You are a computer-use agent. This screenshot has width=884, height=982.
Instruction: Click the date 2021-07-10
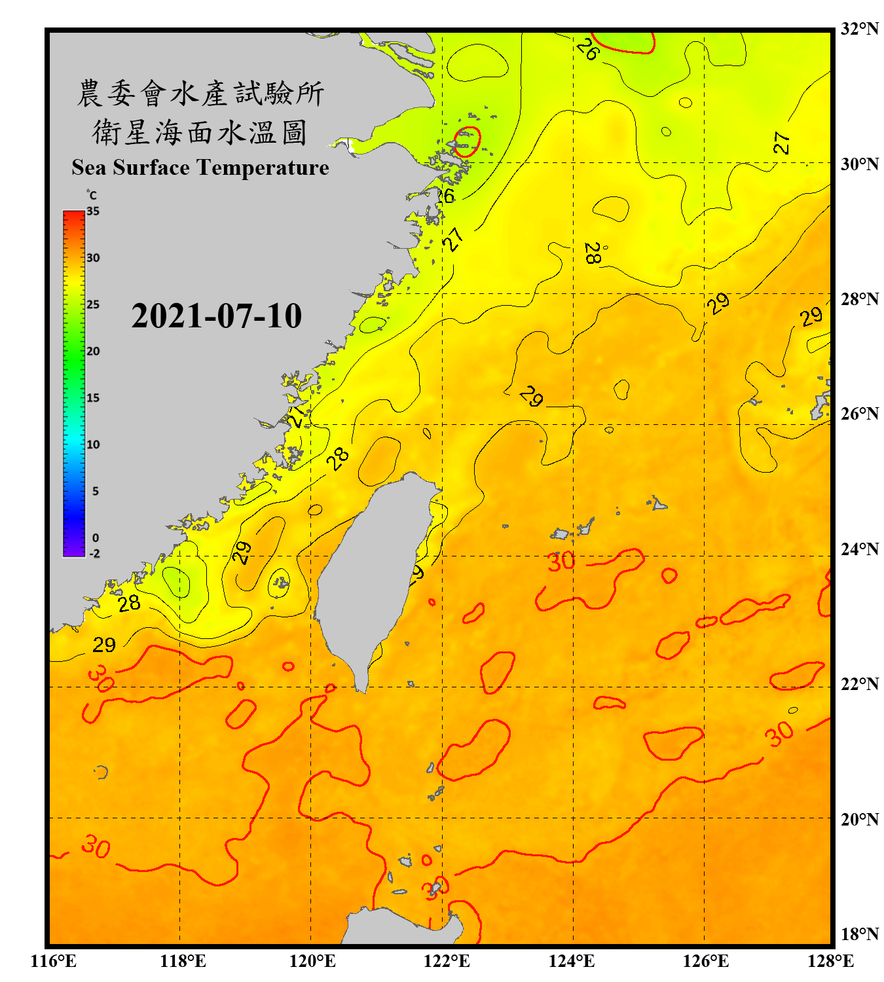[x=216, y=316]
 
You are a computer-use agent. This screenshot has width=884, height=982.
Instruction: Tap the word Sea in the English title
[x=90, y=168]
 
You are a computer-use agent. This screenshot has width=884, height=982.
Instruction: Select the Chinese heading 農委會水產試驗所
[x=200, y=94]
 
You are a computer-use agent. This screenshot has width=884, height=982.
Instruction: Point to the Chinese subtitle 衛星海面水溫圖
[x=200, y=132]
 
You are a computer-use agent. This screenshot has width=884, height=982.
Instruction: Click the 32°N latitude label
[x=859, y=29]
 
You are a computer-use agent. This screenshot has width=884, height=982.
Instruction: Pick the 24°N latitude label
[x=859, y=549]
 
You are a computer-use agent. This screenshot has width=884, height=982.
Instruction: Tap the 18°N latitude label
[x=859, y=934]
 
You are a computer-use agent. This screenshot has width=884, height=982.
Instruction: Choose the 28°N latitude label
[x=859, y=299]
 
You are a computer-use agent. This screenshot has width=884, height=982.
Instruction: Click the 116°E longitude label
[x=54, y=961]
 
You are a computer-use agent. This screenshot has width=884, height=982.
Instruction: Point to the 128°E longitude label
[x=830, y=961]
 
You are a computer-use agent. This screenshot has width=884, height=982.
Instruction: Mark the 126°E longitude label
[x=705, y=961]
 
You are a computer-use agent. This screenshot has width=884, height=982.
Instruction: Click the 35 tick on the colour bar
[x=93, y=211]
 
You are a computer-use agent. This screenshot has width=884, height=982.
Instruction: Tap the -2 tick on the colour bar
[x=94, y=554]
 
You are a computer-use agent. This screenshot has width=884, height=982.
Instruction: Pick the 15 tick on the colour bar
[x=93, y=398]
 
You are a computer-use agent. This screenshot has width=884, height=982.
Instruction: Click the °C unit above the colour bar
[x=92, y=195]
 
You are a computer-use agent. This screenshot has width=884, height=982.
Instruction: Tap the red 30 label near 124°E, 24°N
[x=561, y=562]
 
